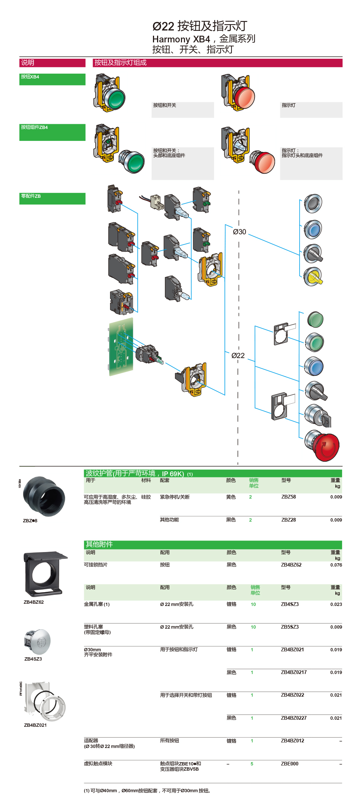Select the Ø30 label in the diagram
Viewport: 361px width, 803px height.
239,232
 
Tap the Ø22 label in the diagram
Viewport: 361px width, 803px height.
238,356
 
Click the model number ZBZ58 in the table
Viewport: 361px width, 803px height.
288,497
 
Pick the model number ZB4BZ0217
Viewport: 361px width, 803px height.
294,672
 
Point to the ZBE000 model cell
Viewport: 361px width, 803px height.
290,764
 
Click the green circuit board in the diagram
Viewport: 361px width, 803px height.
121,346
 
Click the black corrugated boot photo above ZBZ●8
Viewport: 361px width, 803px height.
44,496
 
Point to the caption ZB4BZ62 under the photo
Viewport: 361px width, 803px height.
33,602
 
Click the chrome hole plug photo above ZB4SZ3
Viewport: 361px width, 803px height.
38,641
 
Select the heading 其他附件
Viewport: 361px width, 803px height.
99,544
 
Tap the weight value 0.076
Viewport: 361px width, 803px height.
336,565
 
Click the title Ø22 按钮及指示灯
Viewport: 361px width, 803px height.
199,26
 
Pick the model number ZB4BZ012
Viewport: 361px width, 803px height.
292,741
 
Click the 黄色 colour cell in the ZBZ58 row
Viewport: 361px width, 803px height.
231,497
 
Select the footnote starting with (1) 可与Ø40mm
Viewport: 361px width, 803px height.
147,791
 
